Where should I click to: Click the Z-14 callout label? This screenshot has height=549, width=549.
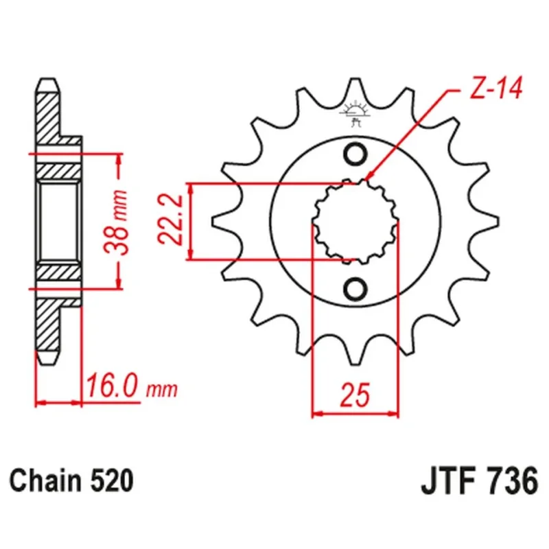[x=495, y=87]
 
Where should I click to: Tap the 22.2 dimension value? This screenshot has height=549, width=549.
[x=170, y=220]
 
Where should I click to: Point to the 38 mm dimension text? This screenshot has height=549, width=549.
[x=116, y=222]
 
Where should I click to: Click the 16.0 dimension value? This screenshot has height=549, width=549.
[x=112, y=386]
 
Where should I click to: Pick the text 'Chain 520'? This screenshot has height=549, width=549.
[x=71, y=480]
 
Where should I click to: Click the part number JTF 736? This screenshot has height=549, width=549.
[x=479, y=480]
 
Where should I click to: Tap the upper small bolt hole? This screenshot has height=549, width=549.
[x=355, y=154]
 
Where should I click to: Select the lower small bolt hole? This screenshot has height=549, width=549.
[x=355, y=288]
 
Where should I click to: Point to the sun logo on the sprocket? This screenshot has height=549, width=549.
[x=355, y=110]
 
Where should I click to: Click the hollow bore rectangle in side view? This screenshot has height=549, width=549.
[x=58, y=222]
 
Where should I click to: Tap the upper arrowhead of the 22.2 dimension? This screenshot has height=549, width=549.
[x=191, y=189]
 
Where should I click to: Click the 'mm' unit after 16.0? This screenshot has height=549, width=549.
[x=162, y=390]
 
